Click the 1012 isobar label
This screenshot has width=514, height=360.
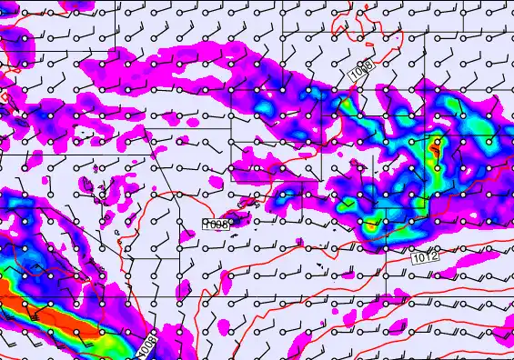(424, 259)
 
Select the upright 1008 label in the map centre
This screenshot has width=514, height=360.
(217, 224)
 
